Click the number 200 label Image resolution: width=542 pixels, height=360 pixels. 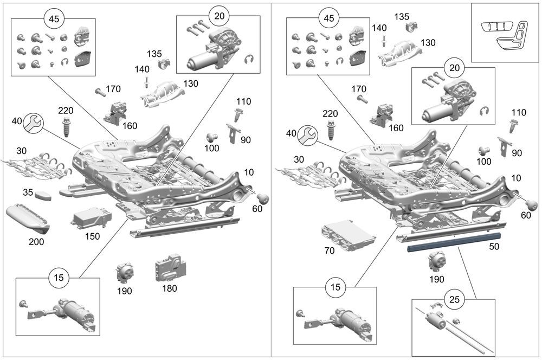(x=36, y=242)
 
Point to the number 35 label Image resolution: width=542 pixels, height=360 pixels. (x=28, y=192)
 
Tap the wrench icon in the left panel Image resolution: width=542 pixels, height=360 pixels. (x=34, y=124)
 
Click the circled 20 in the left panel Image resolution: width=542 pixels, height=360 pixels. (x=219, y=16)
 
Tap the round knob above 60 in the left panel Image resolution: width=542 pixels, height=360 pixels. (x=263, y=198)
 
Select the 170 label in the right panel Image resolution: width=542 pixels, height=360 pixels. (x=359, y=89)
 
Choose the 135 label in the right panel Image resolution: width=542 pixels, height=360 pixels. (x=402, y=16)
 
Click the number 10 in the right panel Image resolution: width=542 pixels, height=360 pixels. (x=517, y=178)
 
